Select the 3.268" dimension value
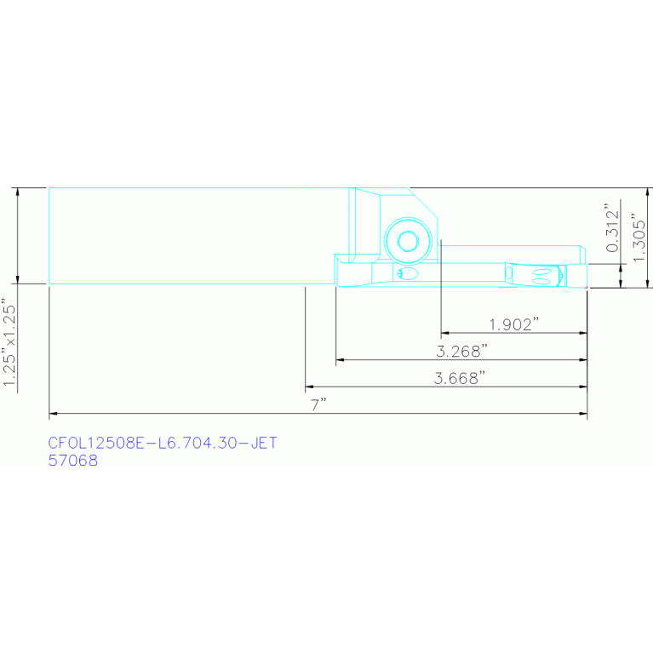461,351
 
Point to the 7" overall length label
319,404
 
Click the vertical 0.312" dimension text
610,227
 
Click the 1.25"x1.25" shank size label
10,343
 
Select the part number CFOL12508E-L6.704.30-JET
163,444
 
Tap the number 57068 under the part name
73,461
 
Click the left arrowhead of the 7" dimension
54,415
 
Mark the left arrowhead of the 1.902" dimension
444,333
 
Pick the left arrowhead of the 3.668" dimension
309,387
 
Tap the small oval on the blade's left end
407,273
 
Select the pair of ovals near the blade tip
541,274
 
